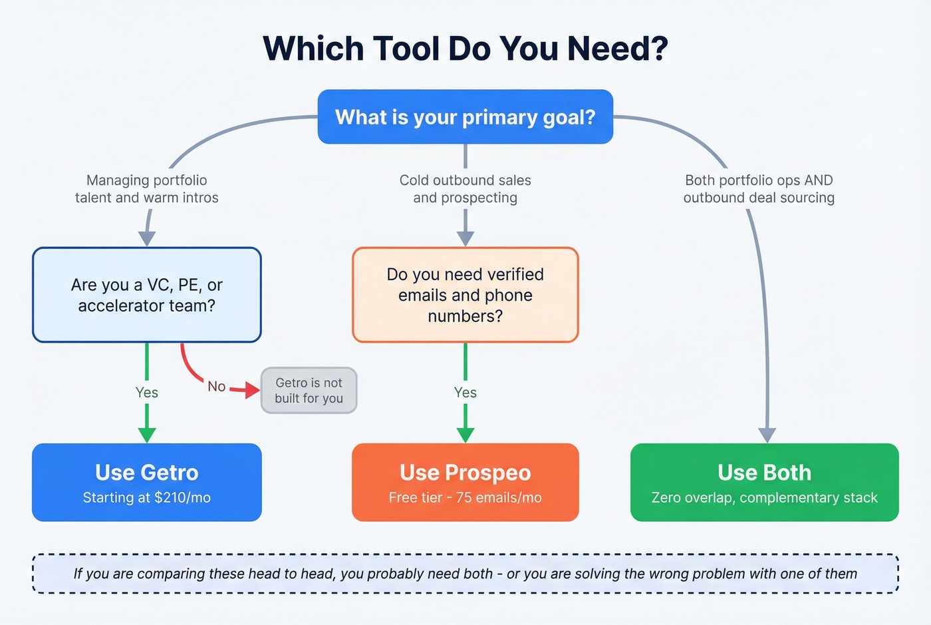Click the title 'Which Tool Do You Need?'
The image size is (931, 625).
[x=465, y=49]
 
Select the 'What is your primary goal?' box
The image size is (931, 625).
[x=465, y=117]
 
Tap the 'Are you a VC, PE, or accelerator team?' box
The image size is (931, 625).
[x=147, y=295]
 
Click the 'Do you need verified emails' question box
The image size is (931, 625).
[x=465, y=295]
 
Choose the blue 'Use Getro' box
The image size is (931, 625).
[x=147, y=482]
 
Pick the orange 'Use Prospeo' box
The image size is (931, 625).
[x=465, y=482]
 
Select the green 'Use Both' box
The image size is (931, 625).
[x=765, y=482]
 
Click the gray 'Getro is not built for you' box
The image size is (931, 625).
[x=309, y=391]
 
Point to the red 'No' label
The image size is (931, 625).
[x=216, y=387]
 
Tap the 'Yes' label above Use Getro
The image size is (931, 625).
[x=147, y=393]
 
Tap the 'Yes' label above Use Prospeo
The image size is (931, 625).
[x=465, y=393]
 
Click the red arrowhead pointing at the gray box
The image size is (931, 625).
[x=252, y=390]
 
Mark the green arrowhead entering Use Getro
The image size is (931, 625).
[x=147, y=435]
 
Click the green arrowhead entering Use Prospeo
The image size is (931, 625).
[x=465, y=435]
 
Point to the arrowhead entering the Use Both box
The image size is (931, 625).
[x=767, y=435]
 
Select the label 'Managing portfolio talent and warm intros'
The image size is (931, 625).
[x=147, y=189]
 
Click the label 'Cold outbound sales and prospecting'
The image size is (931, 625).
[x=465, y=189]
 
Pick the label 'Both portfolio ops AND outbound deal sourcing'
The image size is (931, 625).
[x=759, y=189]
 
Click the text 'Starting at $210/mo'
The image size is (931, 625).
[x=147, y=498]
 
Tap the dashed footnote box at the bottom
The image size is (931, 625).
[x=465, y=574]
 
